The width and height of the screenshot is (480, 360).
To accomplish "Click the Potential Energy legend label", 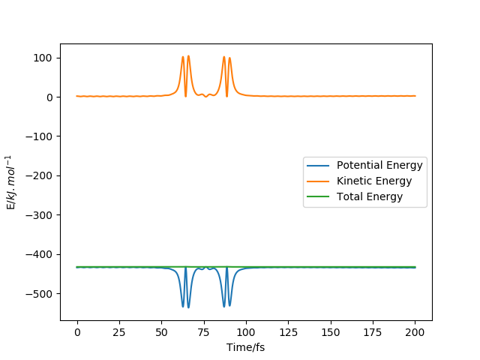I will [379, 165].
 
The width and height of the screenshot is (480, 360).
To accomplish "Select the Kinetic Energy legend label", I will [374, 181].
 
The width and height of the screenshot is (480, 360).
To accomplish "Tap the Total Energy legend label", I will [370, 196].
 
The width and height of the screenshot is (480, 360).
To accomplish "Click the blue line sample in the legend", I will [319, 165].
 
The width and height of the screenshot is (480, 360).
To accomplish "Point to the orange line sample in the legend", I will [319, 181].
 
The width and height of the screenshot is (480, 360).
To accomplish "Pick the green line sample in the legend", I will [319, 196].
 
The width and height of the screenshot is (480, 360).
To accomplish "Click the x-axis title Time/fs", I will [246, 347].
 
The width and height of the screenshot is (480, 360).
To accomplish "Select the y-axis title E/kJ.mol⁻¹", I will [11, 182].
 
